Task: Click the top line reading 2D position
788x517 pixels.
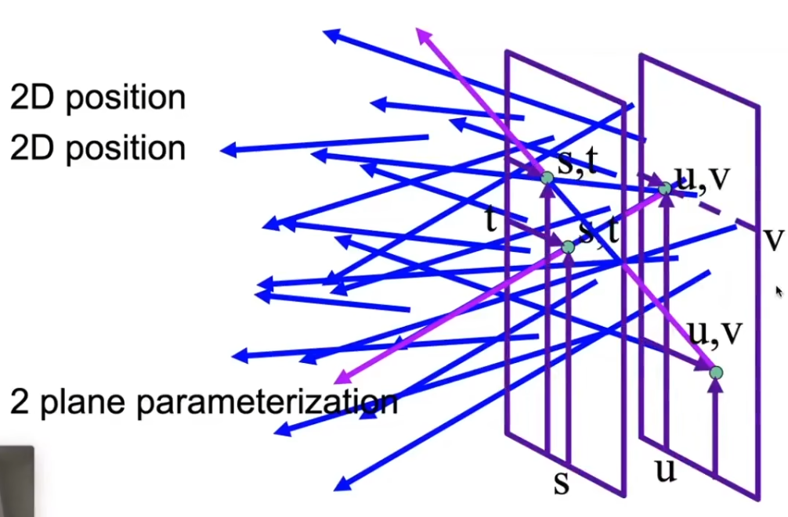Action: (x=98, y=98)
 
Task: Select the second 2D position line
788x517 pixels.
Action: (x=98, y=148)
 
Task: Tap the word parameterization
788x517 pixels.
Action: (x=266, y=402)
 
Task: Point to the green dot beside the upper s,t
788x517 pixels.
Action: (x=547, y=178)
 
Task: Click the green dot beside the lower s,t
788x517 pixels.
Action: (x=569, y=247)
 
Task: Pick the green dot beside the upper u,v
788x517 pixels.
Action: (x=665, y=188)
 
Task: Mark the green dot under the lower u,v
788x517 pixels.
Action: (x=716, y=373)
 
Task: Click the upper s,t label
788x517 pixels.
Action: (x=577, y=164)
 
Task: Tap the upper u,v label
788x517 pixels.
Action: (x=703, y=179)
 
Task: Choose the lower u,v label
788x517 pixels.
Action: (x=715, y=332)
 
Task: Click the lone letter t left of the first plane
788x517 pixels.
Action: (x=491, y=221)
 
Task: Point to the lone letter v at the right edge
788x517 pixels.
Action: (x=773, y=239)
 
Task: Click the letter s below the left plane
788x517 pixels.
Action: (x=561, y=483)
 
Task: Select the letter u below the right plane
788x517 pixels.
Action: (x=665, y=472)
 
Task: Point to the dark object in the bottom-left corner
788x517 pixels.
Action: (x=16, y=481)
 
